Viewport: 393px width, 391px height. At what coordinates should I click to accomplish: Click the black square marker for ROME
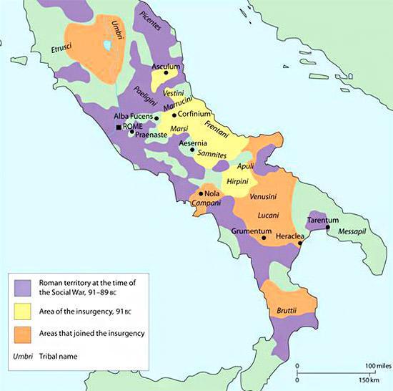(119, 127)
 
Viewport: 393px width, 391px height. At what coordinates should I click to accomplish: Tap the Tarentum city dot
(327, 228)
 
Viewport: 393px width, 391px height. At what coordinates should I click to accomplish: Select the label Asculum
(165, 64)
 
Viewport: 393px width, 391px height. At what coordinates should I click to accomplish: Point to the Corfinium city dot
(174, 115)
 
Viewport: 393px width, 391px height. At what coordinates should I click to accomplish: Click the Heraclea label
(292, 236)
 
